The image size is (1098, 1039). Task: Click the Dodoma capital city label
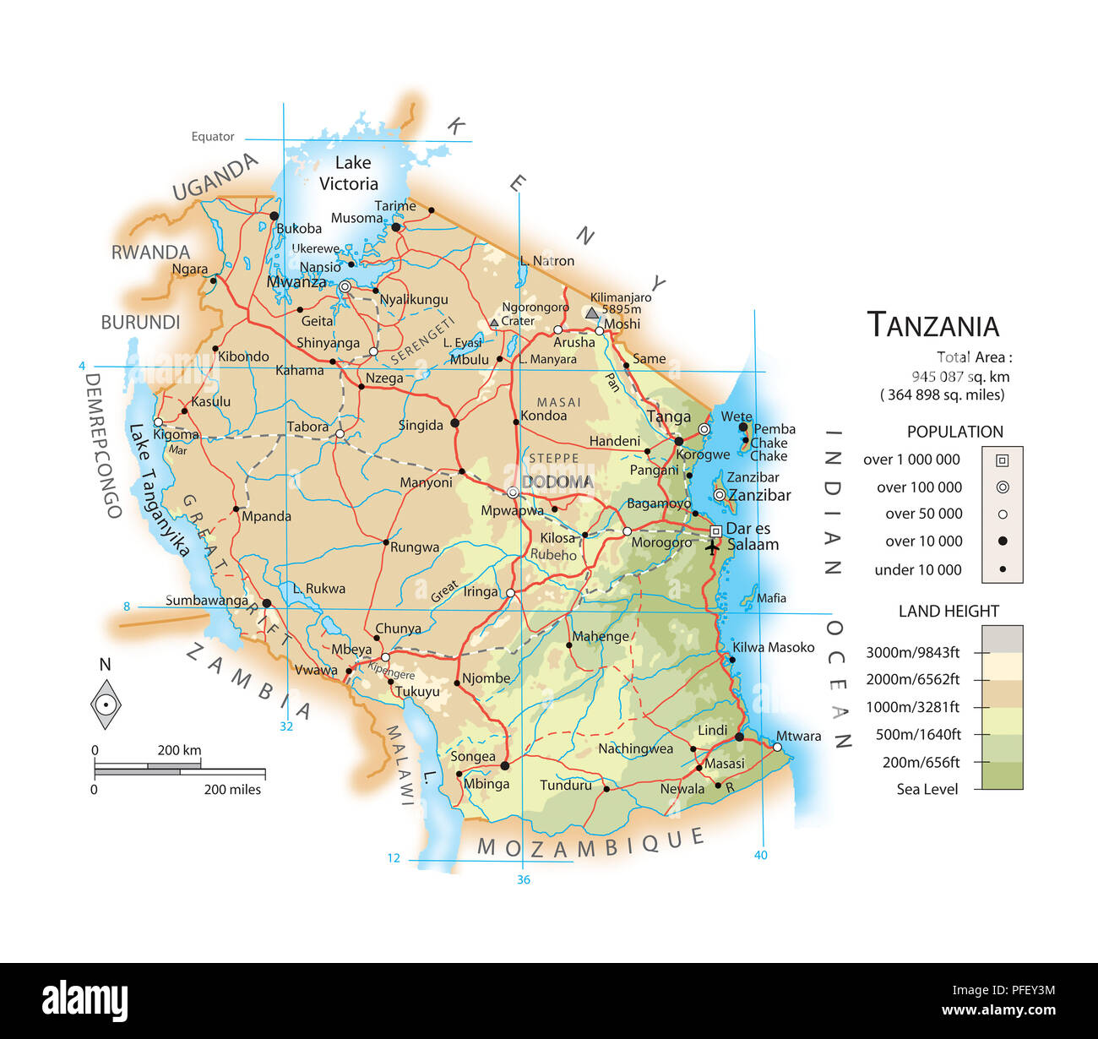pyautogui.click(x=557, y=482)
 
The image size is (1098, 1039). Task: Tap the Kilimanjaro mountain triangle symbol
pyautogui.click(x=592, y=313)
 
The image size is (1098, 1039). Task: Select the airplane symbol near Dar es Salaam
pyautogui.click(x=712, y=547)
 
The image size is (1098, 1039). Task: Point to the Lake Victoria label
pyautogui.click(x=349, y=173)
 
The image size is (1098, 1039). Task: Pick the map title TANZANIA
pyautogui.click(x=933, y=325)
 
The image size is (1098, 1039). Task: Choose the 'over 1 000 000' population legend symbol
pyautogui.click(x=1002, y=460)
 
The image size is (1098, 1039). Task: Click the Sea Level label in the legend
pyautogui.click(x=927, y=790)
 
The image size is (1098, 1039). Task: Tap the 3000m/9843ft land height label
pyautogui.click(x=912, y=652)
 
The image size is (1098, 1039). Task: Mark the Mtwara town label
pyautogui.click(x=798, y=736)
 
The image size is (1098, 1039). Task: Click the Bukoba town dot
pyautogui.click(x=274, y=216)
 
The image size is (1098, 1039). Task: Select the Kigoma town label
pyautogui.click(x=177, y=435)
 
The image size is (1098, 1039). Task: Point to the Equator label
pyautogui.click(x=213, y=137)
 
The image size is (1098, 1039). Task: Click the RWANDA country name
pyautogui.click(x=150, y=253)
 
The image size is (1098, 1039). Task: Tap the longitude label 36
pyautogui.click(x=524, y=879)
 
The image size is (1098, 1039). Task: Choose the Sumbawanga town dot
pyautogui.click(x=266, y=603)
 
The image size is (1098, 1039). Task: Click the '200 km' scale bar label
pyautogui.click(x=179, y=750)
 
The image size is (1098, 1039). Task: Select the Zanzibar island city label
pyautogui.click(x=759, y=495)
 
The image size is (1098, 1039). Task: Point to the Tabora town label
pyautogui.click(x=307, y=427)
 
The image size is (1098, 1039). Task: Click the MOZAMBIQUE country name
pyautogui.click(x=590, y=843)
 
